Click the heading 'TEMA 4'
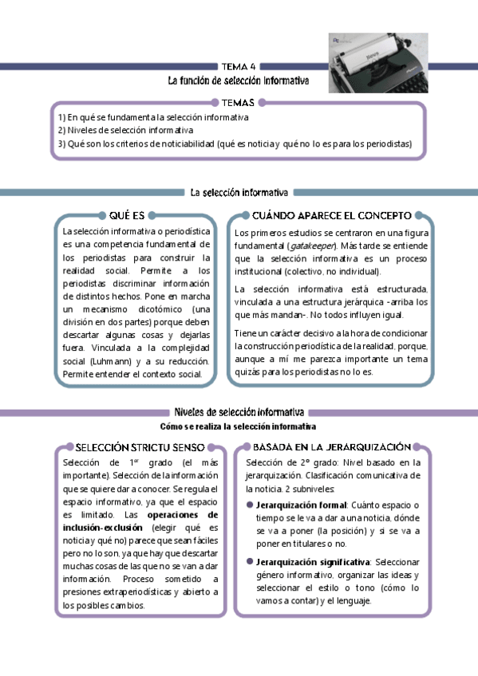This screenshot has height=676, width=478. coord(239,67)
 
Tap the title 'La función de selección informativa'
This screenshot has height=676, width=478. coord(239,81)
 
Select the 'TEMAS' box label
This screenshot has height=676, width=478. coord(239,102)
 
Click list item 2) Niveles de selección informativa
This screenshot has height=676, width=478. coord(125,130)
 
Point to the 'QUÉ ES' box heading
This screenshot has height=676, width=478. coord(126,215)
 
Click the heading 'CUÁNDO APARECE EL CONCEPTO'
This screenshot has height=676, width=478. coord(331,215)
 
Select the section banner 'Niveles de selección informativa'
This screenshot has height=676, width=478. coord(239,412)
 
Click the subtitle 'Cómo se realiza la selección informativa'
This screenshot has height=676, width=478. coord(239,426)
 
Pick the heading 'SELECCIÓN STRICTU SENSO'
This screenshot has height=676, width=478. coord(140,447)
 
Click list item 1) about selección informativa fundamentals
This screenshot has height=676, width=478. coord(153,116)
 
